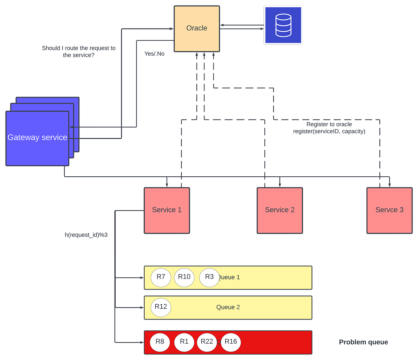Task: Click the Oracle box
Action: tap(197, 29)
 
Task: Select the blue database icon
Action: tap(283, 25)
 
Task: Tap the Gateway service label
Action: tap(37, 138)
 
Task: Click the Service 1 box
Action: tap(167, 210)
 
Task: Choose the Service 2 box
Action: tap(280, 210)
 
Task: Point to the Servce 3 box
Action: tap(389, 210)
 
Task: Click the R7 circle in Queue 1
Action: tap(161, 277)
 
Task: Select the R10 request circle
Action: tap(184, 277)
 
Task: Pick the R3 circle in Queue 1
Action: tap(209, 277)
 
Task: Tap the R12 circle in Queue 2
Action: tap(161, 307)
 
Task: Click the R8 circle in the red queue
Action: tap(160, 342)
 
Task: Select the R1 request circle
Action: tap(184, 342)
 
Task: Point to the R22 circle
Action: tap(207, 342)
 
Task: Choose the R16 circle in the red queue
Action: tap(231, 342)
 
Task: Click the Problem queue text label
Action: tap(363, 342)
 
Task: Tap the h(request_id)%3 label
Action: tap(86, 235)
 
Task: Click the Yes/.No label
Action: tap(154, 54)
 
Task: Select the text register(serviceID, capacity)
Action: tap(329, 131)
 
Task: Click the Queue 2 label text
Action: tap(228, 307)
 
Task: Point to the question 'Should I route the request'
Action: tap(79, 48)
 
